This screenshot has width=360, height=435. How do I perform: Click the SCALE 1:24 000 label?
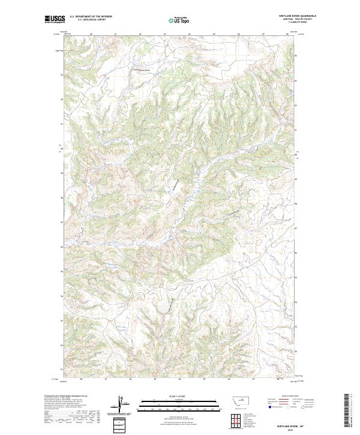click(178, 395)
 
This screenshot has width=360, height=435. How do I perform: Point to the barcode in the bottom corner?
click(347, 410)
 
